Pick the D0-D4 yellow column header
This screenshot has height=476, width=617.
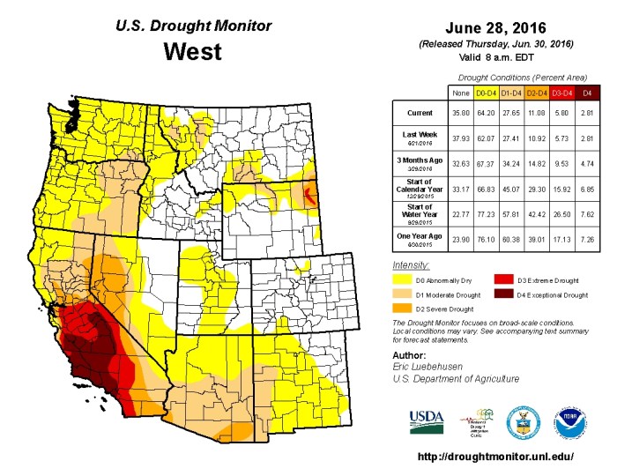(x=484, y=91)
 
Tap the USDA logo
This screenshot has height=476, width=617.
(x=427, y=420)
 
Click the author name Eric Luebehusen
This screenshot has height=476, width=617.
(x=431, y=367)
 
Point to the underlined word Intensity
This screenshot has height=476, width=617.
(x=411, y=264)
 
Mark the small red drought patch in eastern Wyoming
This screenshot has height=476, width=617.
(x=307, y=193)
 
